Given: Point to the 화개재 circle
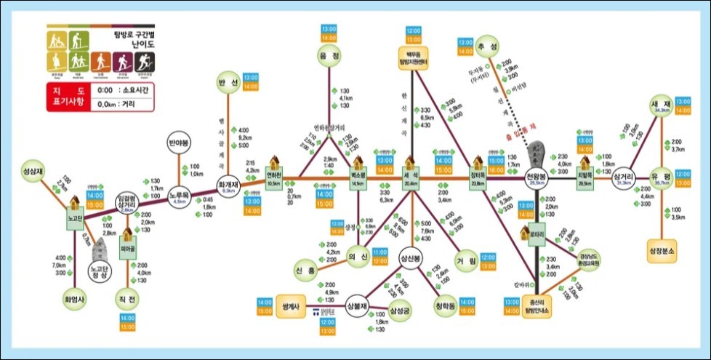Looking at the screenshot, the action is [228, 177].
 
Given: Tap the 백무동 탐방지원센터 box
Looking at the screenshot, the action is [413, 57].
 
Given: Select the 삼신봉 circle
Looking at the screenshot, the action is [411, 258].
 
